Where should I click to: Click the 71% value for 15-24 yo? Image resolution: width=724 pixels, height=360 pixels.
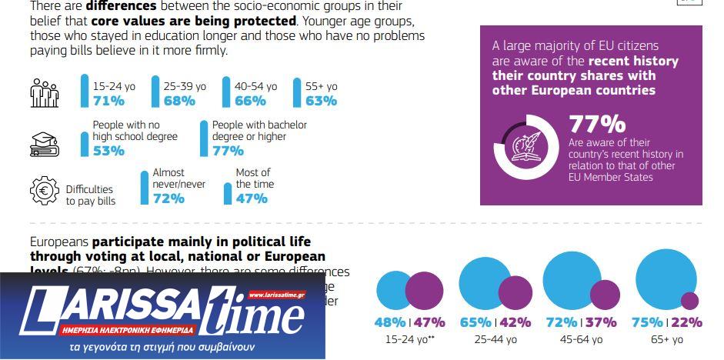coord(108,101)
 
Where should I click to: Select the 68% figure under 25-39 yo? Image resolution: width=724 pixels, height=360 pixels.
coord(179,101)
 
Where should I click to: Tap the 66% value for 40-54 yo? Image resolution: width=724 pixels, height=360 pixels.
coord(250,101)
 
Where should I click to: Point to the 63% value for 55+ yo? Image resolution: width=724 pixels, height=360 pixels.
coord(321,101)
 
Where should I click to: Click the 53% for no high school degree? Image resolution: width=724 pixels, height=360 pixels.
coord(108,151)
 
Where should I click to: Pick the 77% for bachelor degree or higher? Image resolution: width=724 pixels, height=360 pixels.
coord(228,151)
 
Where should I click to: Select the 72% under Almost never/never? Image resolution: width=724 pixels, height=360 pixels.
coord(168,198)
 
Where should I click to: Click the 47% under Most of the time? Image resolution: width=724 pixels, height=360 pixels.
coord(252,198)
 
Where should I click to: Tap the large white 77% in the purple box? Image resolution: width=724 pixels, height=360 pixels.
coord(597,124)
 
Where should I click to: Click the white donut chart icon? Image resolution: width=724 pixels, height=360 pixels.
coord(525,147)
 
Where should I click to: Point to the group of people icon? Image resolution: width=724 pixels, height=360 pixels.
coord(45,94)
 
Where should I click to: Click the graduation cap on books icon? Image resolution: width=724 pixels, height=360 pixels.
coord(45,143)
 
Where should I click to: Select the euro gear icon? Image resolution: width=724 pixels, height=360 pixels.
coord(44,191)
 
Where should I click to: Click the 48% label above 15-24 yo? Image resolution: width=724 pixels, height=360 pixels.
coord(390,322)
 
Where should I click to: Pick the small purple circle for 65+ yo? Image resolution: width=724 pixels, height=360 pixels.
coord(689,301)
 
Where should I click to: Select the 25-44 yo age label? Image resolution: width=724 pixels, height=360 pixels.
coord(495,339)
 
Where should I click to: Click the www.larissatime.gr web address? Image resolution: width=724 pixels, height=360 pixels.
coord(276,295)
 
